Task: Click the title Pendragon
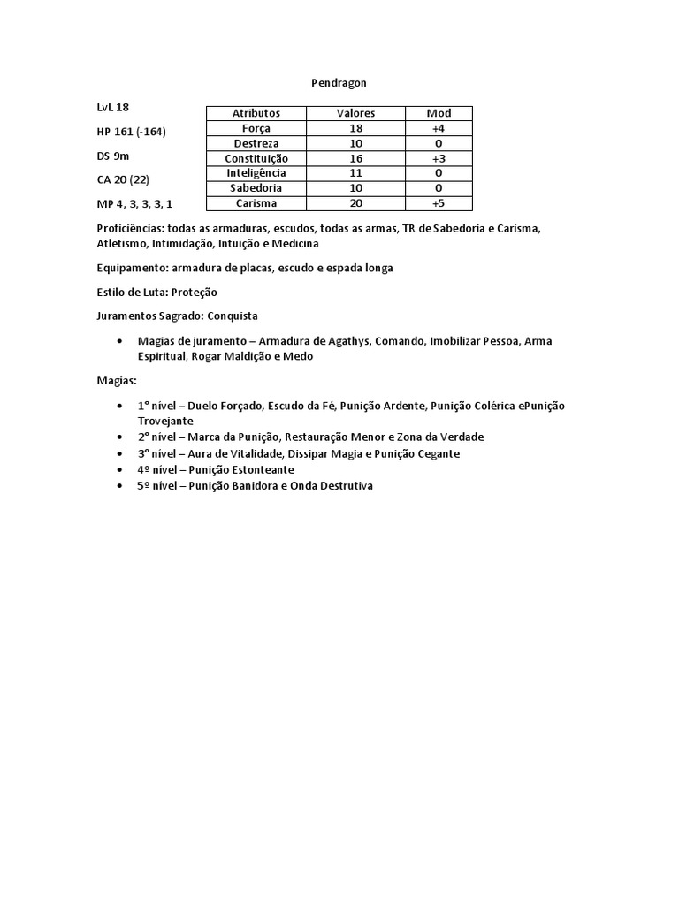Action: tap(339, 82)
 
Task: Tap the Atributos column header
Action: tap(256, 113)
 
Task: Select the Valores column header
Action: tap(355, 113)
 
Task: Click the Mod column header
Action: tap(439, 113)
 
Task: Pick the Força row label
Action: tap(256, 128)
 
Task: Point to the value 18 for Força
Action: tap(355, 128)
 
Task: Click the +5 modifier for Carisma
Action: tap(439, 203)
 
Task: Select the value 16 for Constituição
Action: tap(355, 158)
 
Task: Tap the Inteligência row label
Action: tap(256, 173)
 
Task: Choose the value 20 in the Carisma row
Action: tap(355, 203)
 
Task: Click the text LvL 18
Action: tap(112, 107)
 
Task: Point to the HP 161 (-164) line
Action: tap(131, 132)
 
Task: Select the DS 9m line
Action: tap(113, 156)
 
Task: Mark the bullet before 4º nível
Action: tap(119, 470)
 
